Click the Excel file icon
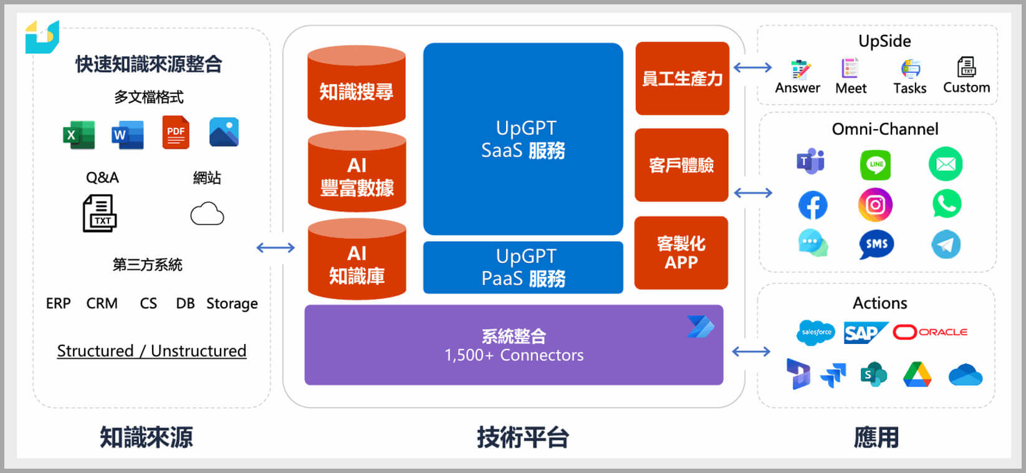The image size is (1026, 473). (x=79, y=135)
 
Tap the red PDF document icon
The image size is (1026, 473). (x=176, y=132)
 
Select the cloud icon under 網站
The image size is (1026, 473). (x=207, y=214)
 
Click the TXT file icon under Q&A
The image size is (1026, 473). (x=100, y=213)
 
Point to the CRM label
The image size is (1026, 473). (x=102, y=303)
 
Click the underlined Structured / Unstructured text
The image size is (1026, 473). (x=151, y=351)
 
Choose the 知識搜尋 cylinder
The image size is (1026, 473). (x=357, y=87)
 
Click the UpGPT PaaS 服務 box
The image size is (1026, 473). (x=523, y=267)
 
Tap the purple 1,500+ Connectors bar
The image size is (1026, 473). (x=514, y=345)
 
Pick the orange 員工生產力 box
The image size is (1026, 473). (x=682, y=79)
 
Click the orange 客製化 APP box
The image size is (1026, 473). (x=681, y=252)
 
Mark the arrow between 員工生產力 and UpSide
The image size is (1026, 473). (x=752, y=67)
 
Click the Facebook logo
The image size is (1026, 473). (x=813, y=205)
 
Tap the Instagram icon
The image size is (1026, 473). (x=875, y=204)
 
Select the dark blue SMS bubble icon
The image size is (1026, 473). (x=876, y=244)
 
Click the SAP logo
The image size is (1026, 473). (x=865, y=333)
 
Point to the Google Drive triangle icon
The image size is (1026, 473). (x=918, y=375)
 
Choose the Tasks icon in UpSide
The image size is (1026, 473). (x=910, y=69)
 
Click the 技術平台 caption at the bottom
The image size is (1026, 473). (x=522, y=437)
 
